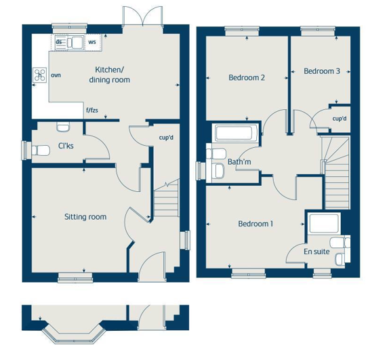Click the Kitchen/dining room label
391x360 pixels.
110,75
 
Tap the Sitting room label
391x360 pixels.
85,217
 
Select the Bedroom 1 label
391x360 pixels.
255,224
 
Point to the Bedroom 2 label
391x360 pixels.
247,77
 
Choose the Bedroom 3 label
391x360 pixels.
322,71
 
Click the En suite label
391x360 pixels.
316,252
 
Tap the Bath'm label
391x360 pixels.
239,162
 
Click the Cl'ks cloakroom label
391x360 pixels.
66,146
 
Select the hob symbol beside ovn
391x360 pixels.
40,75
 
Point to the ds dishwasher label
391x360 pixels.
59,41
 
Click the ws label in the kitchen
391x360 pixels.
92,42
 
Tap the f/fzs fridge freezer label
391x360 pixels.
92,110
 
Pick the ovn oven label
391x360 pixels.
56,75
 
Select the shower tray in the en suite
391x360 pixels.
324,222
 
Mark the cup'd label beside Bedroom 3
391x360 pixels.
339,119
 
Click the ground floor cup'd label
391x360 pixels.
166,138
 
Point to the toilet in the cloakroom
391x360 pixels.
41,151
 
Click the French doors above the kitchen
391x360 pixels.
142,16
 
